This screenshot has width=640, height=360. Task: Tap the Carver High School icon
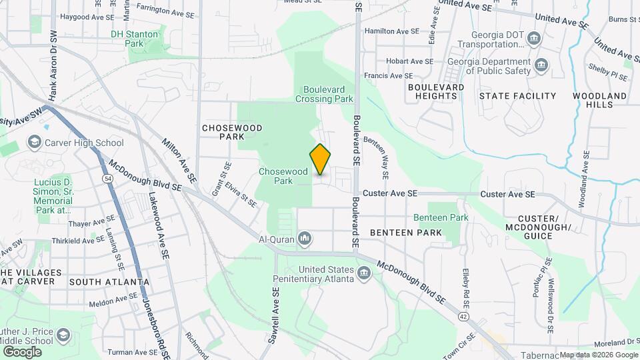pyautogui.click(x=34, y=142)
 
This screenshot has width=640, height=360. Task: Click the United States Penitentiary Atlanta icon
pyautogui.click(x=364, y=273)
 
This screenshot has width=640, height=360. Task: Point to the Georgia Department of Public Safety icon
pyautogui.click(x=542, y=66)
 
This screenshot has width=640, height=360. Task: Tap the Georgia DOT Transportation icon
pyautogui.click(x=533, y=39)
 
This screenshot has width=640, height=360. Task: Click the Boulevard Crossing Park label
pyautogui.click(x=327, y=93)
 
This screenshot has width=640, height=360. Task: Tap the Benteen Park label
pyautogui.click(x=441, y=217)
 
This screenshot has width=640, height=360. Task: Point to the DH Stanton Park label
pyautogui.click(x=135, y=38)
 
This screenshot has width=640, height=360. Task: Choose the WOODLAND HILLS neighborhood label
pyautogui.click(x=599, y=100)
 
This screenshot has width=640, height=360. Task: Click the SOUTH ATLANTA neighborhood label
pyautogui.click(x=109, y=281)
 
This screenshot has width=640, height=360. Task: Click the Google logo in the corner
pyautogui.click(x=22, y=351)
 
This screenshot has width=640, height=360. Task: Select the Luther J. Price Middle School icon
pyautogui.click(x=63, y=334)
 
